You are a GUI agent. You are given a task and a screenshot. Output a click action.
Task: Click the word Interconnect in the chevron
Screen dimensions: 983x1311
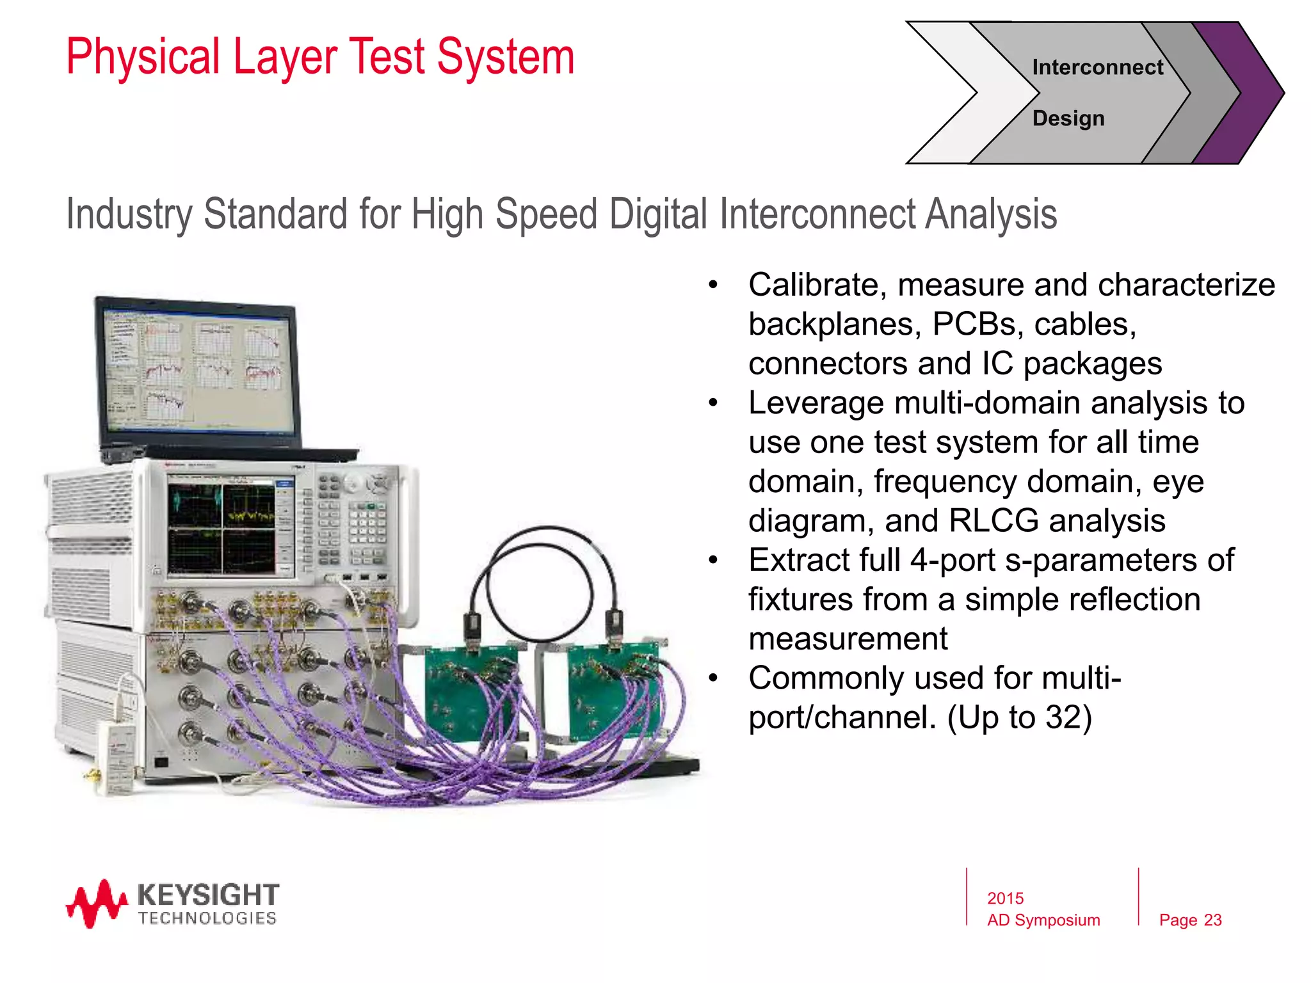1097,67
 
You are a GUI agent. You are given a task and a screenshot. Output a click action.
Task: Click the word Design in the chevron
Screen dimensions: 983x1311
1068,118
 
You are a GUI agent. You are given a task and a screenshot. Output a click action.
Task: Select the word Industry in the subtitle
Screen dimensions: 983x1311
129,214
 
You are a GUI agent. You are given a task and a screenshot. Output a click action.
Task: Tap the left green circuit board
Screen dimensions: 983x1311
471,691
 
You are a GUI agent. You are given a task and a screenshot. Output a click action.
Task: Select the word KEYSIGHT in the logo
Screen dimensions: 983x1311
208,894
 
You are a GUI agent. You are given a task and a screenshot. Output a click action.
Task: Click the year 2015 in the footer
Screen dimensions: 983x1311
1005,899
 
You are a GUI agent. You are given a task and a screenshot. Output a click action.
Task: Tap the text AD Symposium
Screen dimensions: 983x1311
1043,920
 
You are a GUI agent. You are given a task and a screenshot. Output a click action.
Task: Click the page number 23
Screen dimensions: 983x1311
1212,920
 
